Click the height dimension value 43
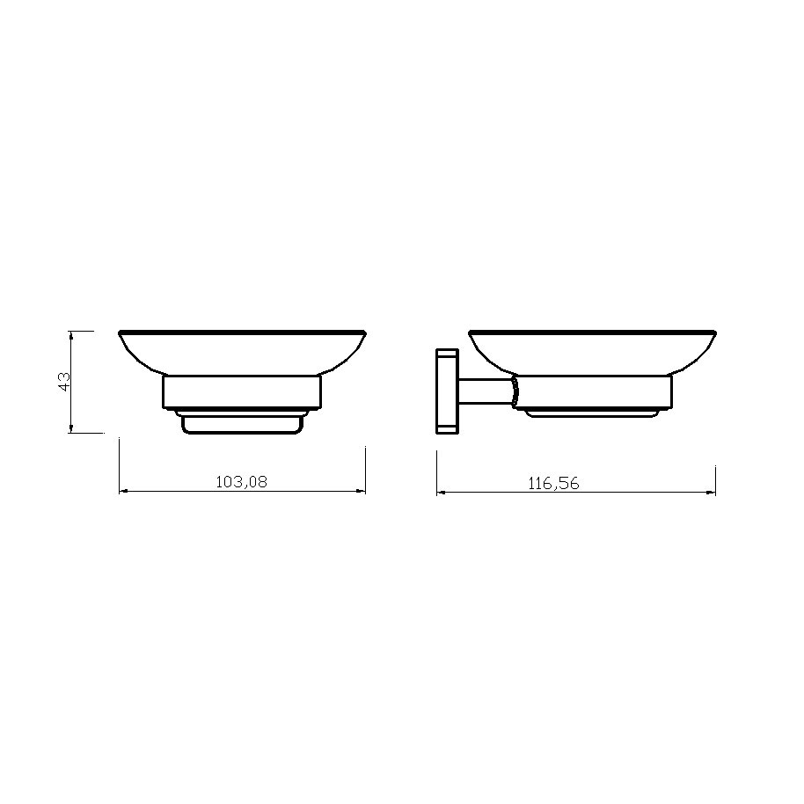coord(63,382)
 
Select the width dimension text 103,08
coord(241,481)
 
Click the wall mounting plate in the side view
coord(446,391)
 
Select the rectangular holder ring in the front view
coord(242,392)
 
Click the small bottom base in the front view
coord(242,424)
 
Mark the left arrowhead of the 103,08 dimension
coord(123,492)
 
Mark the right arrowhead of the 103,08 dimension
coord(362,492)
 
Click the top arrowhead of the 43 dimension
coord(69,334)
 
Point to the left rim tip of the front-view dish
coord(121,333)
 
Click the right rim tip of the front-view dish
coord(364,333)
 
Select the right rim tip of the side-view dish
coord(716,333)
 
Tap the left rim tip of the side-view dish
coord(471,333)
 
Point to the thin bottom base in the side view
coord(591,412)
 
